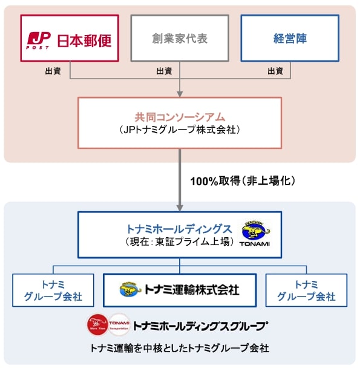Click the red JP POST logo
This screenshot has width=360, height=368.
[38, 41]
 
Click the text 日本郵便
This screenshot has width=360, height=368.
[85, 41]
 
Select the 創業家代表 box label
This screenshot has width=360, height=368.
[180, 38]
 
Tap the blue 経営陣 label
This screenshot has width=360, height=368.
[290, 38]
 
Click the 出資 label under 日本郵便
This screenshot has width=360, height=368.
[53, 71]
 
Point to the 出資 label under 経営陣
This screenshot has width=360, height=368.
[275, 71]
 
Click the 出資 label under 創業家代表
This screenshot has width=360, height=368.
[165, 71]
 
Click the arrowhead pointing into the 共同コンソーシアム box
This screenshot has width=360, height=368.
[180, 94]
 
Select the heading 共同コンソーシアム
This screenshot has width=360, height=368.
[180, 117]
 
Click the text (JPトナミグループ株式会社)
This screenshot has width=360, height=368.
[180, 130]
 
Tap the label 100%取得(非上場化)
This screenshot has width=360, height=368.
[243, 181]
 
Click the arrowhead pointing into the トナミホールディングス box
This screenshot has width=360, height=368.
[180, 208]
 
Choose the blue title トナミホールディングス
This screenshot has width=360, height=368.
[180, 229]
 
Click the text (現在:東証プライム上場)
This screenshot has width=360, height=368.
[180, 241]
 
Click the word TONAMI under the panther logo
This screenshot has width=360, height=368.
[255, 244]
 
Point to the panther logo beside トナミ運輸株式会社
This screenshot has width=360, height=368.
[130, 289]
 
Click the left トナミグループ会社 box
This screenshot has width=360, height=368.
[53, 290]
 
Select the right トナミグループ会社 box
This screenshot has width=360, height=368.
[306, 290]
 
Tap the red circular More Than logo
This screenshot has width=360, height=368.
[98, 325]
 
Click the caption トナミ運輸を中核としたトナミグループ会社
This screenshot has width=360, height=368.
[180, 348]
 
